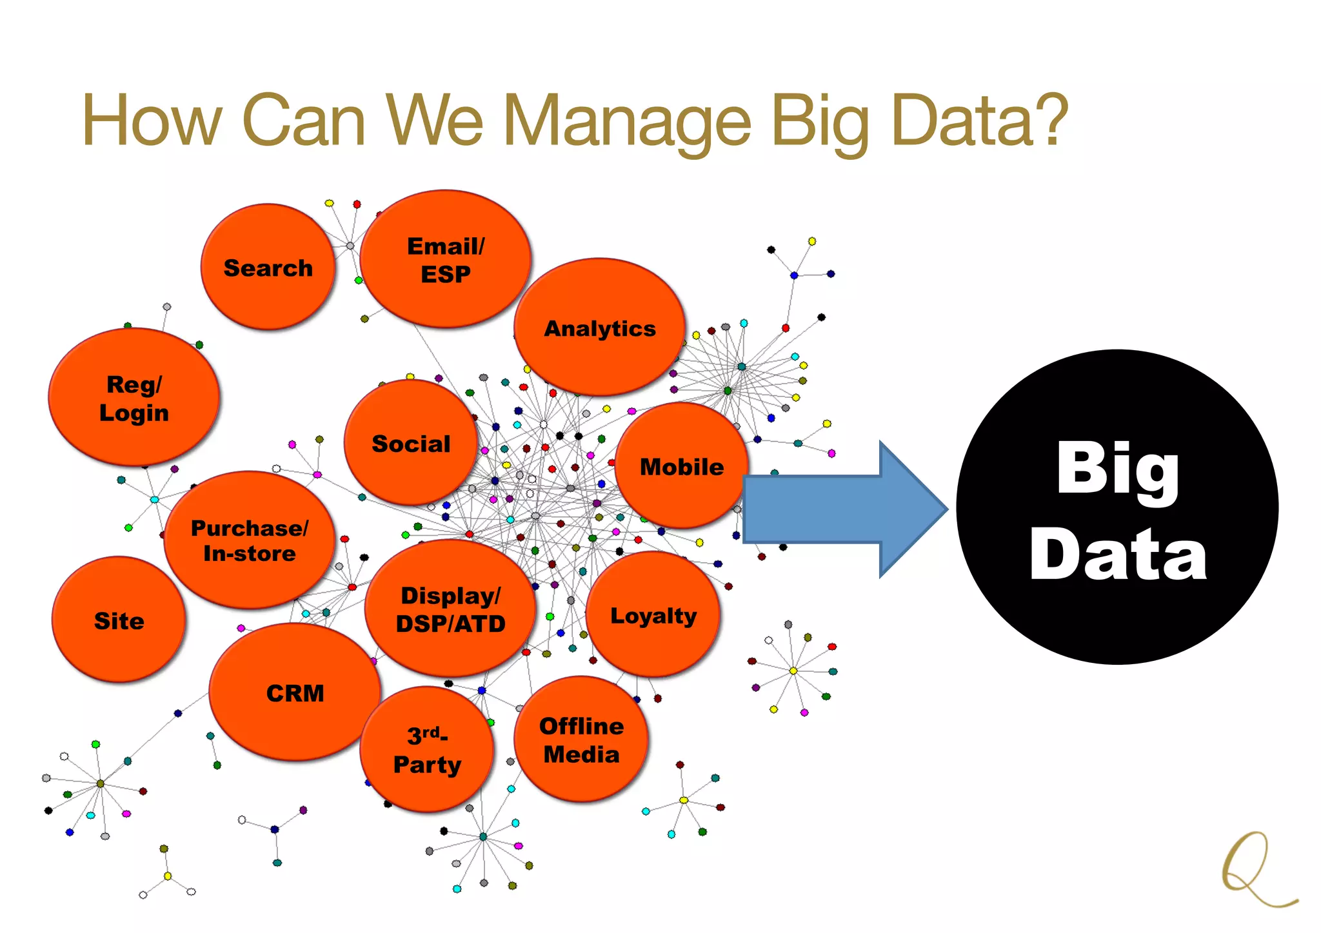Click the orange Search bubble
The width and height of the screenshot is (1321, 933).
[268, 267]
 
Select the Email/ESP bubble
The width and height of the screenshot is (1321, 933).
[445, 259]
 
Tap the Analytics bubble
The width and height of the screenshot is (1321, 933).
[599, 328]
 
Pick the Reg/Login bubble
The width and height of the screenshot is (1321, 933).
[134, 398]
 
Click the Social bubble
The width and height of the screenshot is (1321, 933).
[411, 443]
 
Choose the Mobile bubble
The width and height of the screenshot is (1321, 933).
[681, 466]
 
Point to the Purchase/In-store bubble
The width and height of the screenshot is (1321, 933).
[250, 540]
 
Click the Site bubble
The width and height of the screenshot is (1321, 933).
[119, 620]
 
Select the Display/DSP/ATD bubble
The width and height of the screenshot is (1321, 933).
[450, 609]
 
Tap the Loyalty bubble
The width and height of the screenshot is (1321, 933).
[653, 615]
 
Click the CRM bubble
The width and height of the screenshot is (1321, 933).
[295, 692]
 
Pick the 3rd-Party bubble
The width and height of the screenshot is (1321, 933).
[426, 750]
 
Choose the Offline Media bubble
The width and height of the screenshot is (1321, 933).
[581, 740]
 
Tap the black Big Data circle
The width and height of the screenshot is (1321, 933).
[1117, 507]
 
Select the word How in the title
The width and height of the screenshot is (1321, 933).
[152, 121]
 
